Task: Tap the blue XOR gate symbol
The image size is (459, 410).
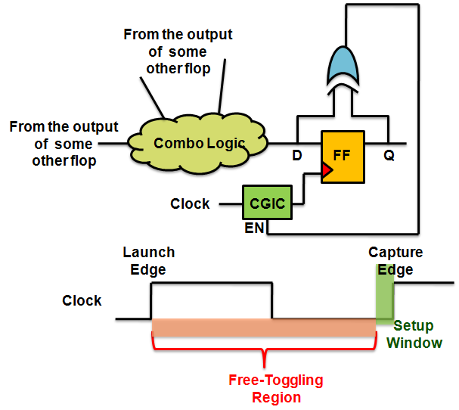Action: click(x=344, y=64)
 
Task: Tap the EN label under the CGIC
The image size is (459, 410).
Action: click(x=253, y=227)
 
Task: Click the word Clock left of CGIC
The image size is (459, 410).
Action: click(x=190, y=203)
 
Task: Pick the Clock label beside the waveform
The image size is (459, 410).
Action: click(x=82, y=300)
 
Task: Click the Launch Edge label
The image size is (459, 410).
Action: click(x=148, y=261)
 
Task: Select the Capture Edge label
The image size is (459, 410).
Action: click(x=395, y=261)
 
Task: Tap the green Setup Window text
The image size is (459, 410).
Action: click(x=414, y=334)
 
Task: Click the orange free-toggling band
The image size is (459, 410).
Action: click(x=264, y=328)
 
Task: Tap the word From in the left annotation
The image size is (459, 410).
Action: click(x=28, y=126)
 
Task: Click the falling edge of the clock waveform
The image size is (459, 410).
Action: click(x=271, y=300)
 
